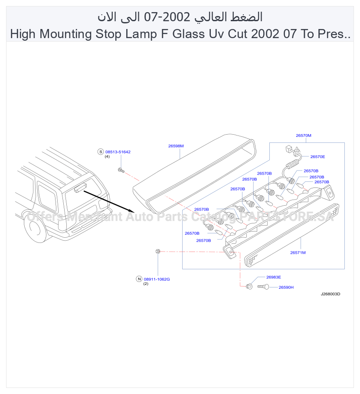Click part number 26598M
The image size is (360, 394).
tap(176, 146)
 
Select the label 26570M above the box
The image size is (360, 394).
tap(303, 136)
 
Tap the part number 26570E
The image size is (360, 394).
tap(317, 157)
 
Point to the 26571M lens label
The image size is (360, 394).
tap(298, 252)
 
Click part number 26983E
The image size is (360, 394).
tap(274, 277)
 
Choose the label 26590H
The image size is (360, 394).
tap(286, 287)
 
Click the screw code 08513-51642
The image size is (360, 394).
tap(118, 152)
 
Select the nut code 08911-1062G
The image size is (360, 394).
tap(157, 279)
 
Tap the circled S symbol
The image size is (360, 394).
tap(101, 152)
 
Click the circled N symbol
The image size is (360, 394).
tap(139, 279)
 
